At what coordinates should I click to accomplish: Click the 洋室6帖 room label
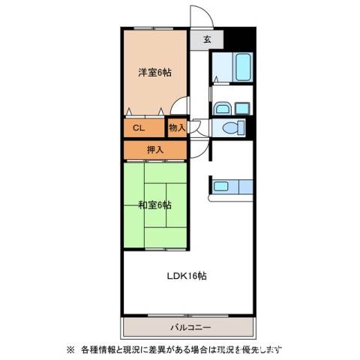(155, 73)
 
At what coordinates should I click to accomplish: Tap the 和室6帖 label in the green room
(155, 205)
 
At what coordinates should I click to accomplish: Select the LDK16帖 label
(187, 276)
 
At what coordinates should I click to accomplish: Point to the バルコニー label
(190, 327)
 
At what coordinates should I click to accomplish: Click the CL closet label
(139, 128)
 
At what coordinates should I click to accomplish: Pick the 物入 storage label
(177, 128)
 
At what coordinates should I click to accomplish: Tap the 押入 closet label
(155, 150)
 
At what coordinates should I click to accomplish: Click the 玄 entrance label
(207, 39)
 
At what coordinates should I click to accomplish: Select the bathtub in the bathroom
(243, 67)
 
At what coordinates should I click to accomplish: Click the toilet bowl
(234, 128)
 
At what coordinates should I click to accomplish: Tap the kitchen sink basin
(220, 186)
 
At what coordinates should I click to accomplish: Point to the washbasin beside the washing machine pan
(223, 109)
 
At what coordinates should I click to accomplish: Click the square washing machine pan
(242, 109)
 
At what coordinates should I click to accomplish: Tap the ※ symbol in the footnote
(70, 349)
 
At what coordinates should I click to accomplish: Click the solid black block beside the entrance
(239, 38)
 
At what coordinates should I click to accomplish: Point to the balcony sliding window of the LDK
(188, 316)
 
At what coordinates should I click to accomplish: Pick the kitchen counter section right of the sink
(245, 187)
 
